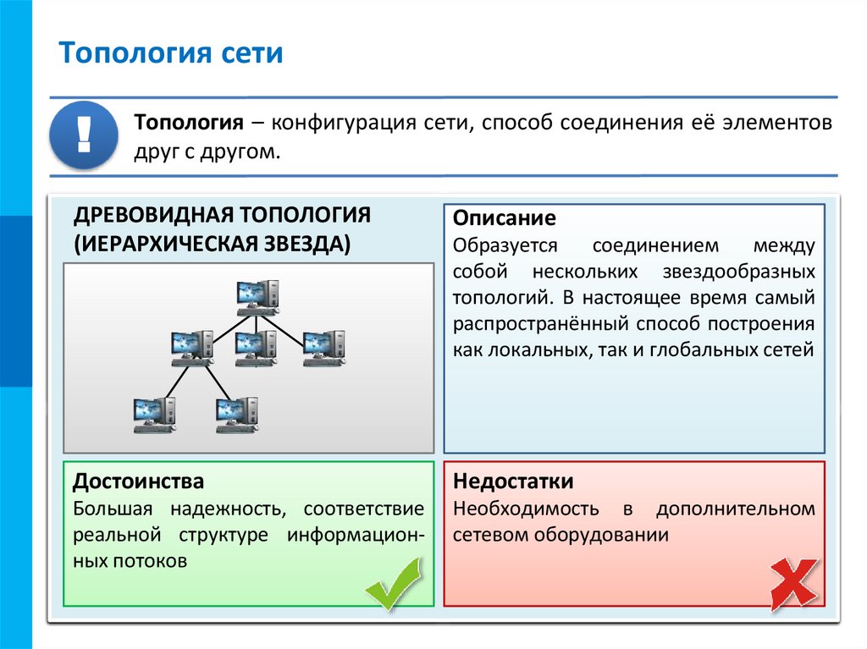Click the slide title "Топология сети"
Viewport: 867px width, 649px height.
pyautogui.click(x=170, y=54)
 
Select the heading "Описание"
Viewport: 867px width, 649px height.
pyautogui.click(x=504, y=218)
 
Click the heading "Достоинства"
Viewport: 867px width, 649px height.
pyautogui.click(x=138, y=481)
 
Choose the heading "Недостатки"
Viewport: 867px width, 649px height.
pyautogui.click(x=513, y=481)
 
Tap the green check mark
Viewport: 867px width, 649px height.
pyautogui.click(x=393, y=584)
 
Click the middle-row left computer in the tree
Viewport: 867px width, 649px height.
pyautogui.click(x=191, y=348)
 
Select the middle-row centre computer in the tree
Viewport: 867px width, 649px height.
pyautogui.click(x=256, y=348)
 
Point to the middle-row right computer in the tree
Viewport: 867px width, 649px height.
pyautogui.click(x=324, y=348)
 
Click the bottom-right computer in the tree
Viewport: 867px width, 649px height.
pyautogui.click(x=236, y=415)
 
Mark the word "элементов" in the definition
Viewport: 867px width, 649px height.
pyautogui.click(x=777, y=123)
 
